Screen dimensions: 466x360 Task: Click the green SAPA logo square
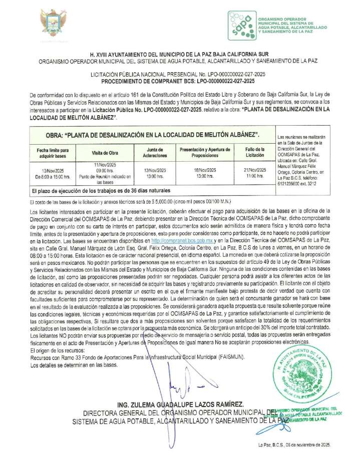[x=241, y=25]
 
